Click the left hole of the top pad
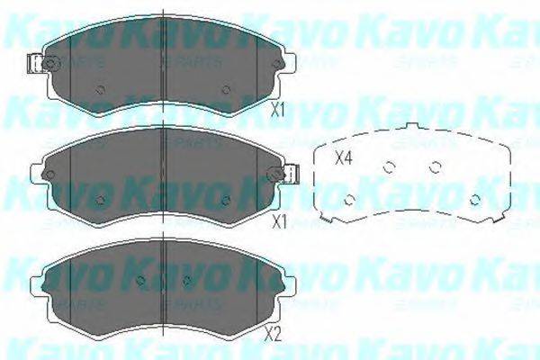101,88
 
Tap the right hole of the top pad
226,88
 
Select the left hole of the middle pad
101,200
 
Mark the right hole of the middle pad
226,200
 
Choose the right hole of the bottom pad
185,278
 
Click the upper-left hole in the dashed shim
390,166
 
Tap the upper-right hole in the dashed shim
436,166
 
